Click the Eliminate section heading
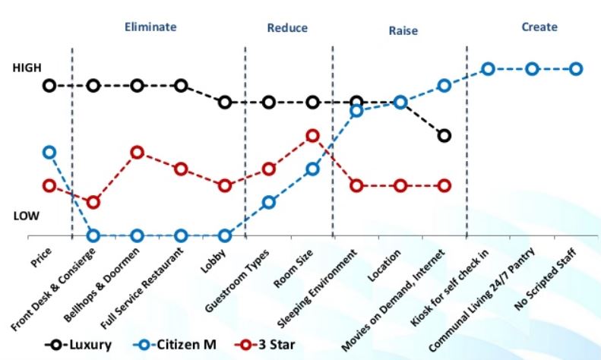pos(150,27)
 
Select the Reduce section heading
pos(287,28)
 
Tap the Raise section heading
pos(403,31)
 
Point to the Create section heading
pos(539,27)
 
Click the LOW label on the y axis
pos(27,216)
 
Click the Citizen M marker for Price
pos(49,152)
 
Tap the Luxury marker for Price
pos(49,85)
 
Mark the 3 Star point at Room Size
pos(312,135)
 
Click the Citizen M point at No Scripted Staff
pos(576,69)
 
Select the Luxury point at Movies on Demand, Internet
pos(444,135)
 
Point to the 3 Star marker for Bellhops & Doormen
pos(138,152)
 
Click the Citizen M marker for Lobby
pos(225,235)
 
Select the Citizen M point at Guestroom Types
pos(268,202)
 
